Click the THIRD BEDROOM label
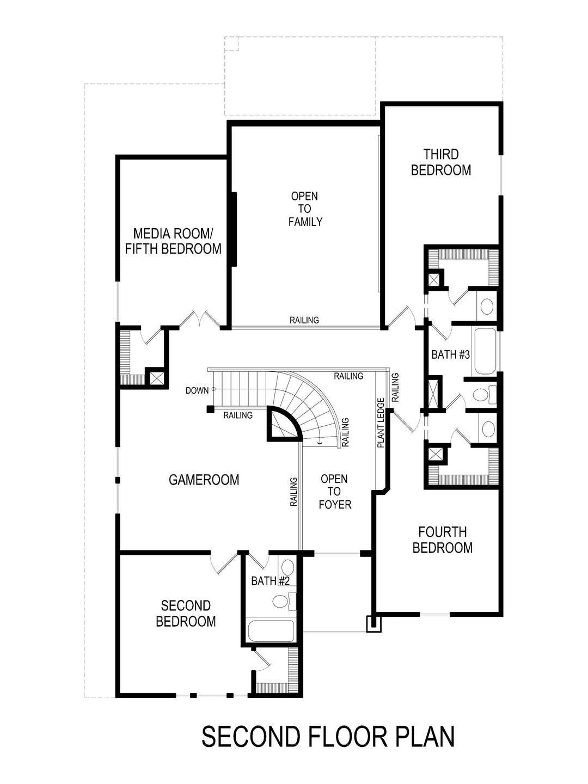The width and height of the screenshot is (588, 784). click(441, 162)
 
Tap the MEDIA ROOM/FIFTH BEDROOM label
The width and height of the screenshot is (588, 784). click(173, 241)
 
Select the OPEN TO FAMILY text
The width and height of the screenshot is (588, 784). click(305, 209)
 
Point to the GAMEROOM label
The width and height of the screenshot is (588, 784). click(204, 480)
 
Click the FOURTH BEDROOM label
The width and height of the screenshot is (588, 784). click(442, 540)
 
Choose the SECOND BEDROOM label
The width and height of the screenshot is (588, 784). click(186, 613)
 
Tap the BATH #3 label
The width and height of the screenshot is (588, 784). click(450, 355)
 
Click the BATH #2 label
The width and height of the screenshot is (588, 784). click(269, 581)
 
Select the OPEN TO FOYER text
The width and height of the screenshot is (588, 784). click(334, 492)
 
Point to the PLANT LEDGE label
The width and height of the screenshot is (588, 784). click(381, 423)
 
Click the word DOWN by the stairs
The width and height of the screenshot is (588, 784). click(197, 390)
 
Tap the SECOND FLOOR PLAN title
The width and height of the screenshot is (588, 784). click(328, 737)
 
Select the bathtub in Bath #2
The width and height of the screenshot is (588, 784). click(271, 631)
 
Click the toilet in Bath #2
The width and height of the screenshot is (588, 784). click(283, 601)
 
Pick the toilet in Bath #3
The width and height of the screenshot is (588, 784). click(482, 394)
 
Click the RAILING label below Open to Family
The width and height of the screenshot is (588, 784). click(304, 320)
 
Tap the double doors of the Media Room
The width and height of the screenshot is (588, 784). click(199, 319)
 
